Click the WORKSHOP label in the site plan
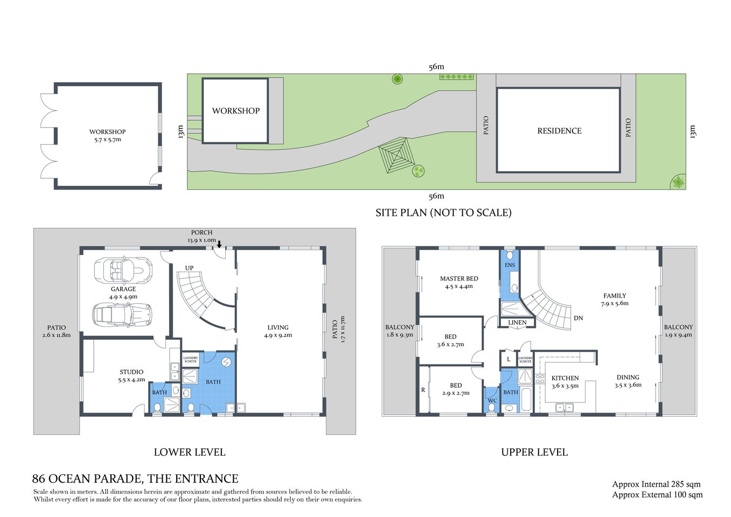(235, 111)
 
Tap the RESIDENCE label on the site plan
(559, 131)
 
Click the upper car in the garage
(123, 270)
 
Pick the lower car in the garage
(122, 315)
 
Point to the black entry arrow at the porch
(219, 244)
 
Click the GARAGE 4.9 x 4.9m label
(123, 293)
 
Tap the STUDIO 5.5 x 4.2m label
(131, 376)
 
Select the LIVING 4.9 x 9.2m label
(278, 331)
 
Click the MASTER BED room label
(459, 282)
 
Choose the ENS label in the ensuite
(510, 265)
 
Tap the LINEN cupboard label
(517, 323)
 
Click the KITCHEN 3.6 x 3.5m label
(565, 382)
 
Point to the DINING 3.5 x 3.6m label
(628, 381)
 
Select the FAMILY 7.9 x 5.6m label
(615, 299)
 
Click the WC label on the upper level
(492, 401)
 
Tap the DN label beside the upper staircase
(578, 318)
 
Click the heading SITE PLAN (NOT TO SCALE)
(443, 213)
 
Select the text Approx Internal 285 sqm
(656, 484)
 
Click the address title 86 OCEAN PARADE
(135, 479)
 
